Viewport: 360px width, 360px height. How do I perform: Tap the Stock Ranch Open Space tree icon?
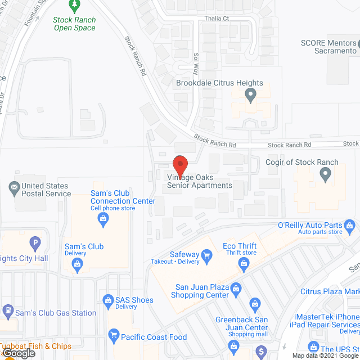[74, 6]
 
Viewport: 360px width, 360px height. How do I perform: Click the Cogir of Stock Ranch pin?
[325, 174]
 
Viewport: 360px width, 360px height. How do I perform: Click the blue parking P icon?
[35, 244]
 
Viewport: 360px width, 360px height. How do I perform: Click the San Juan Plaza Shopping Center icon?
[236, 288]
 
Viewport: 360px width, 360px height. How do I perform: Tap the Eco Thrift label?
[239, 246]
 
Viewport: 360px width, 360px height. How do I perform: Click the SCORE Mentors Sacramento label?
[329, 46]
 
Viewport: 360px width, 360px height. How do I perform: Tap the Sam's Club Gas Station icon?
[8, 309]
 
